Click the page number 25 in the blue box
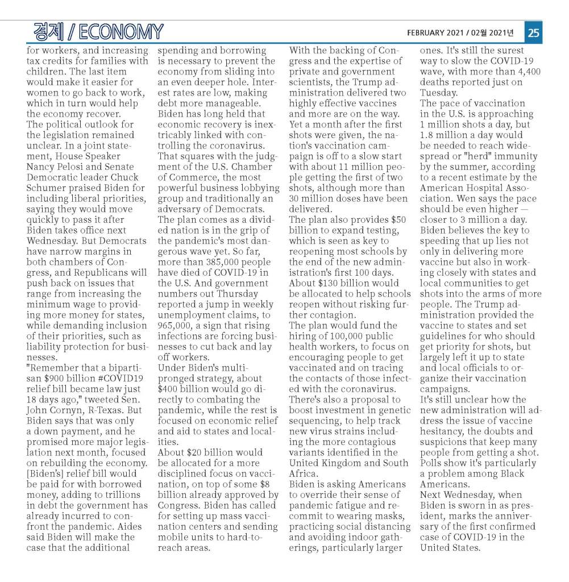(533, 32)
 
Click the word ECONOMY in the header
(122, 32)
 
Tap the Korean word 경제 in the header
(48, 32)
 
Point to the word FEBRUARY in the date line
(428, 32)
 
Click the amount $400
(170, 389)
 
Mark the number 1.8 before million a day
(427, 135)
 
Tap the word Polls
(433, 463)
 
